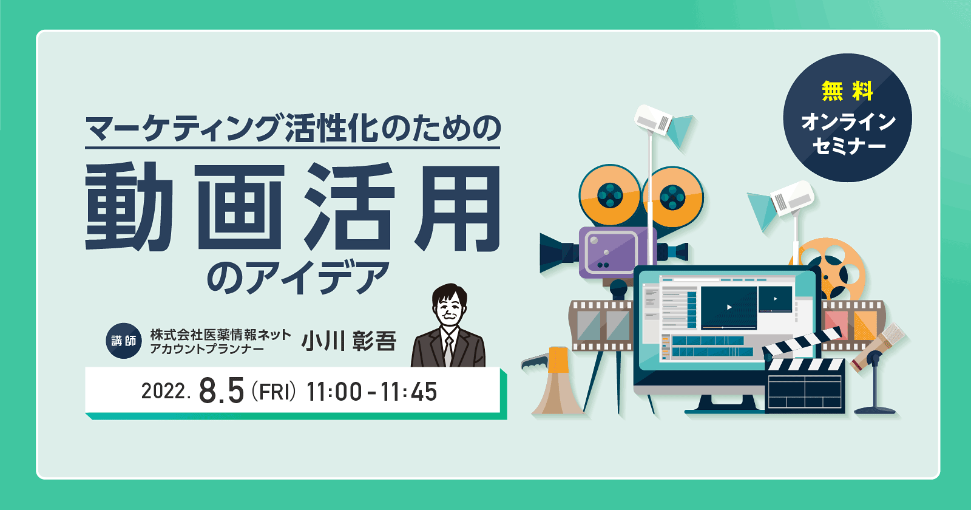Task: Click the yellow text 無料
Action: (x=847, y=91)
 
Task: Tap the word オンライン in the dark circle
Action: (x=848, y=121)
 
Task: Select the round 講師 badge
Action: (x=124, y=341)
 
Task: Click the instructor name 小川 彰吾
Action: (x=348, y=341)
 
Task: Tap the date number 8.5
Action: (x=222, y=391)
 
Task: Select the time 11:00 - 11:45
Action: (x=371, y=392)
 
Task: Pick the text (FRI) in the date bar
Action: (x=274, y=392)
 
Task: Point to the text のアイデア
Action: (x=297, y=277)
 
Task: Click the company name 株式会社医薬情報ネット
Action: (x=221, y=335)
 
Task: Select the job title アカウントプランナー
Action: (x=207, y=349)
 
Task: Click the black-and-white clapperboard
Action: (x=805, y=379)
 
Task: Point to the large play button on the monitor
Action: (x=729, y=307)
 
